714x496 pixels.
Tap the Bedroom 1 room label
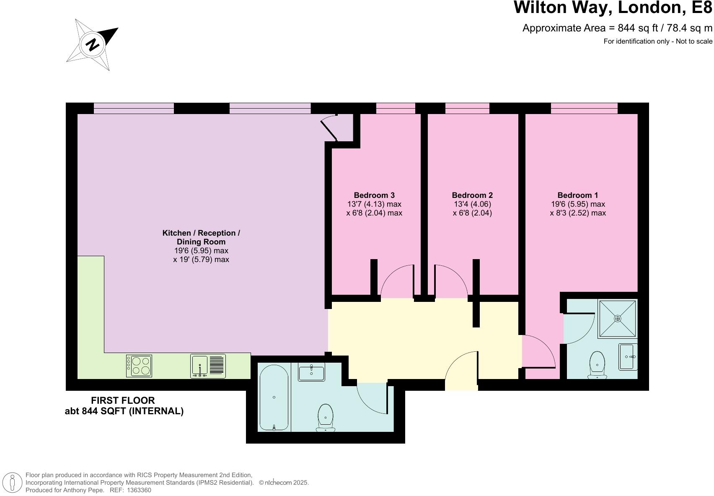577,195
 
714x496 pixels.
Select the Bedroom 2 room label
472,195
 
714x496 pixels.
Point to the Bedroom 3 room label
374,195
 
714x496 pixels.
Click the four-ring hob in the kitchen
139,366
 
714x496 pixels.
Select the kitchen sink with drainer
208,366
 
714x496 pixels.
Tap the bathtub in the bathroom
274,397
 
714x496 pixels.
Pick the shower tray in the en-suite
618,319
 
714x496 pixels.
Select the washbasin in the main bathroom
311,372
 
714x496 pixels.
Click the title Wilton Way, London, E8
613,8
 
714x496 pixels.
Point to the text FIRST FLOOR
123,400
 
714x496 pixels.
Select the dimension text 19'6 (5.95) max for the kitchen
201,251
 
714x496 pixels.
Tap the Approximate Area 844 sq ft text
617,28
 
